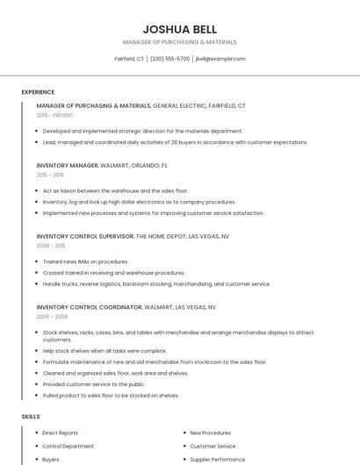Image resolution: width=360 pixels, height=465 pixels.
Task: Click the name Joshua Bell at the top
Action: tap(179, 29)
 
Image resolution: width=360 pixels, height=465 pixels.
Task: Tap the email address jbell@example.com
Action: tap(220, 59)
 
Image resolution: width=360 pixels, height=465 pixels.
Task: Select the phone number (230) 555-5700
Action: tap(169, 59)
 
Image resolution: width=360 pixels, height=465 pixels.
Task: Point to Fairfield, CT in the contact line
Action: tap(129, 59)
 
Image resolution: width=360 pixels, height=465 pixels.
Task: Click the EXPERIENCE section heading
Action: tap(38, 92)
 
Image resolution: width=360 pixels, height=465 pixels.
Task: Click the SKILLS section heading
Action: tap(30, 416)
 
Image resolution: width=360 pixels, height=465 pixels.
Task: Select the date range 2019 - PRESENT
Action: tap(55, 115)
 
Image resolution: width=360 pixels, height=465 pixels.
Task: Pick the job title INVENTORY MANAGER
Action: tap(67, 165)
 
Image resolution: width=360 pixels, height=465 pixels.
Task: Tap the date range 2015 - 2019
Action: tap(50, 175)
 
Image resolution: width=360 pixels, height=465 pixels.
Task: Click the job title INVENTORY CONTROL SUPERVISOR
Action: tap(84, 236)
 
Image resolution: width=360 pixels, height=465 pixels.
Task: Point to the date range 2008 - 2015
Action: tap(50, 246)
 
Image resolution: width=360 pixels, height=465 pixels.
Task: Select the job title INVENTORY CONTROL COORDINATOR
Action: tap(89, 307)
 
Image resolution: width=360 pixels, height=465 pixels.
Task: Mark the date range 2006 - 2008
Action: tap(51, 317)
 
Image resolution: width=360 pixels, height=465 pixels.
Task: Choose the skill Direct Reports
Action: tap(60, 433)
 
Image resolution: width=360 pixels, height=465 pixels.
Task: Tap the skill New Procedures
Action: tap(210, 433)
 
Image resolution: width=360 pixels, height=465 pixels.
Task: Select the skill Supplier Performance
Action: tap(217, 459)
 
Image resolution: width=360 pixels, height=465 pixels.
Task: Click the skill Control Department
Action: tap(68, 446)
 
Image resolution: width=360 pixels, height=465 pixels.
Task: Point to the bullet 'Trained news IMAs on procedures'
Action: tap(85, 261)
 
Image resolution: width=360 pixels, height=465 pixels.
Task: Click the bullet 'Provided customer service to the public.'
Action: tap(94, 384)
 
